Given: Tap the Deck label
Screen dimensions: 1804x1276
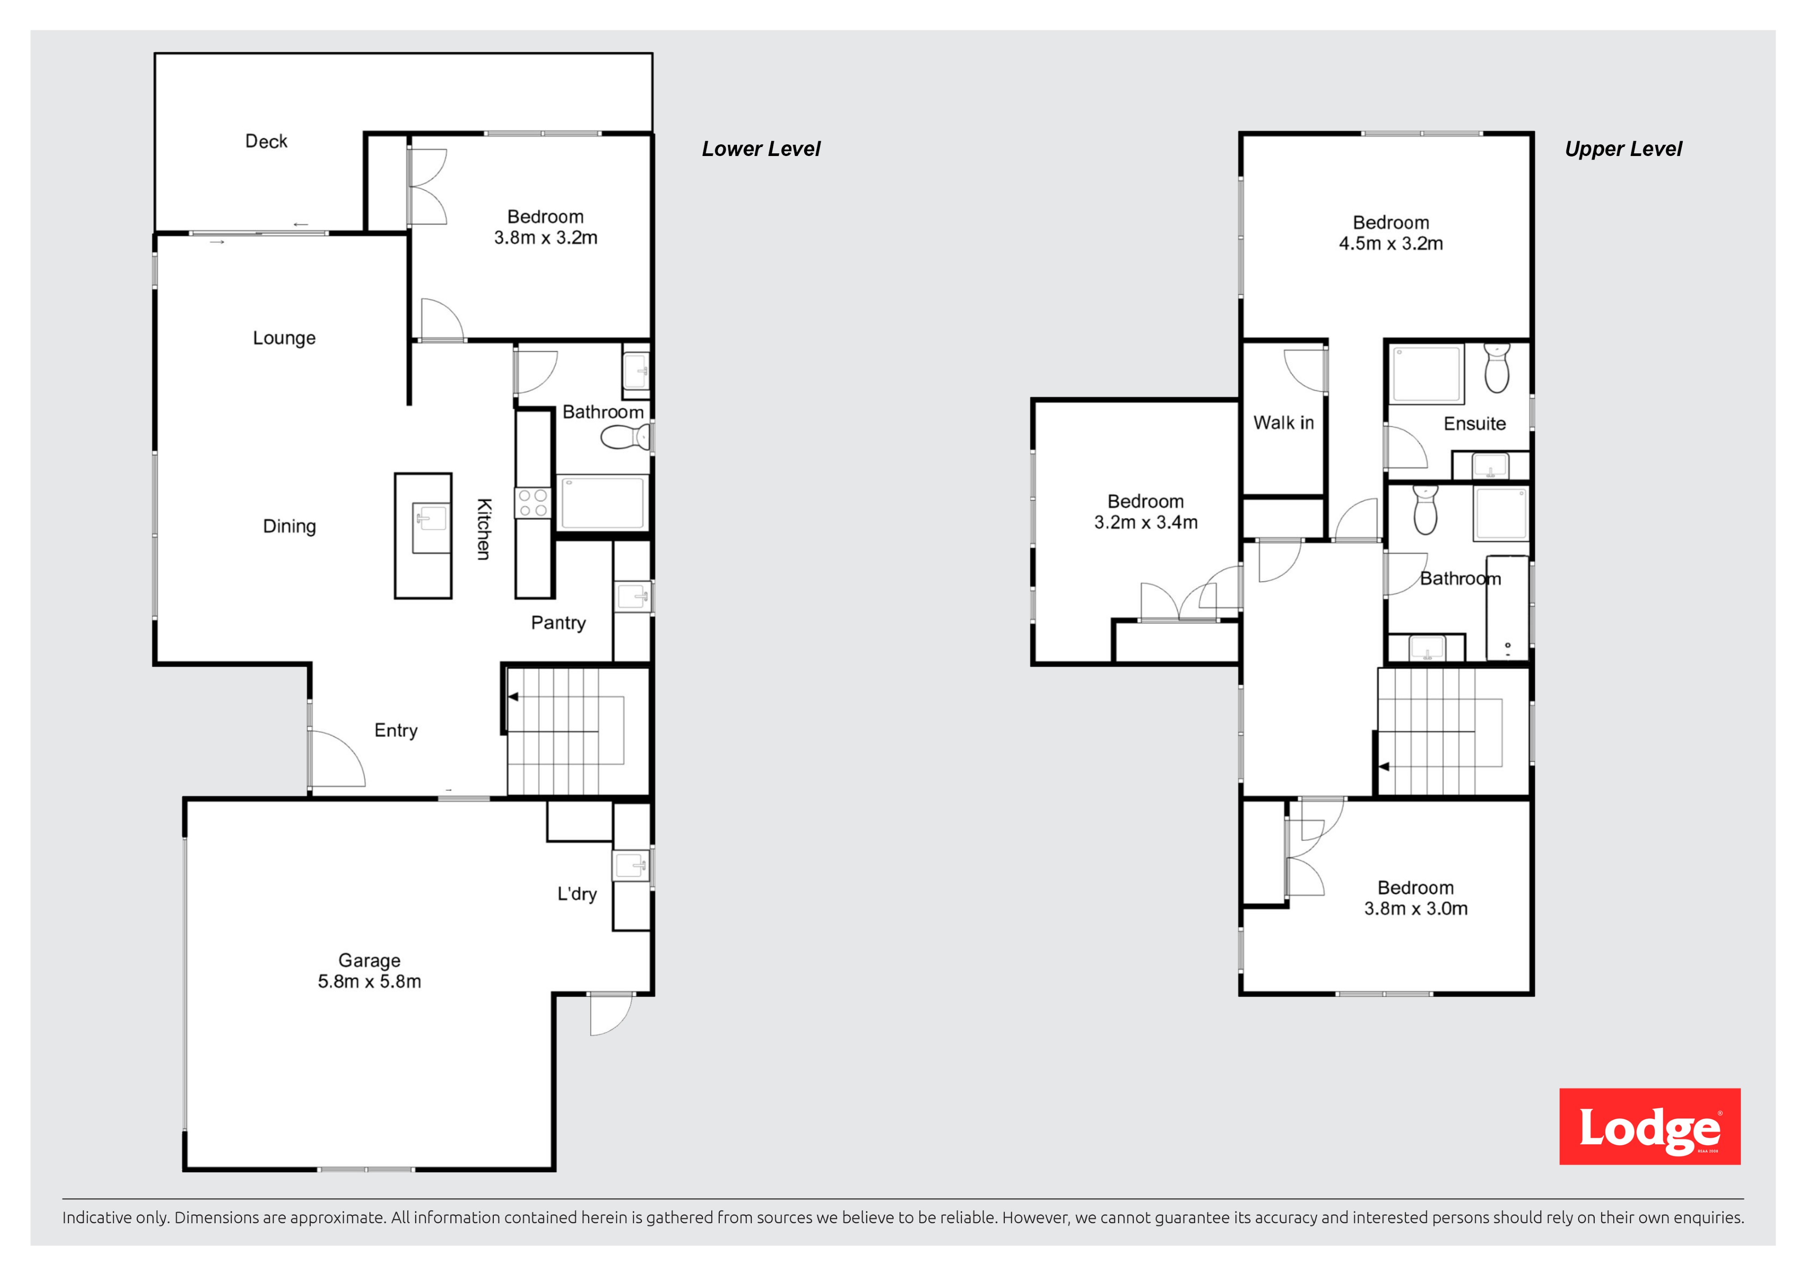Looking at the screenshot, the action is pyautogui.click(x=267, y=142).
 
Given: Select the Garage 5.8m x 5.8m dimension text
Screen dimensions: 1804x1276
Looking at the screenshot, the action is pyautogui.click(x=369, y=982).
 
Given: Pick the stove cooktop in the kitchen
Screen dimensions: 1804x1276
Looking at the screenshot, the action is pyautogui.click(x=533, y=503).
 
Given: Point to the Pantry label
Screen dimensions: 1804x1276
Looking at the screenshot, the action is pyautogui.click(x=559, y=623).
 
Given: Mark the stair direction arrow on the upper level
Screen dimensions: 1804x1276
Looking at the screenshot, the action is pyautogui.click(x=1384, y=766).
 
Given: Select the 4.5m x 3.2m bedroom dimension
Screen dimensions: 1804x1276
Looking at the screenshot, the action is pyautogui.click(x=1391, y=243).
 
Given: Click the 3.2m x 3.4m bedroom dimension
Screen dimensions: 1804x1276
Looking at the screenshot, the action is pyautogui.click(x=1146, y=523).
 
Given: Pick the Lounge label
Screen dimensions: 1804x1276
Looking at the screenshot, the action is pyautogui.click(x=285, y=338).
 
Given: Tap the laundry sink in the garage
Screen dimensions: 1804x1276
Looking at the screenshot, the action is pyautogui.click(x=632, y=866).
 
